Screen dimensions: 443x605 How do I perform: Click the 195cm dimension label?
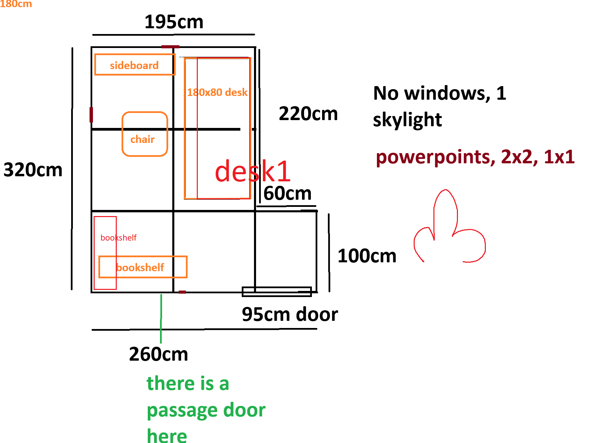click(x=174, y=22)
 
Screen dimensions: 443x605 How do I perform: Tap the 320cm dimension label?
click(x=33, y=170)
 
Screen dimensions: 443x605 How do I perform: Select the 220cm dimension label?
click(x=308, y=114)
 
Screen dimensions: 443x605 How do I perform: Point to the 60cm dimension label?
click(x=287, y=193)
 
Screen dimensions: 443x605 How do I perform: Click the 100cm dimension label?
click(x=367, y=256)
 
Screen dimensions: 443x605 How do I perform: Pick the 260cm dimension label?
click(x=158, y=354)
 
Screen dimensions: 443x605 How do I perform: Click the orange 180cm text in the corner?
click(x=16, y=4)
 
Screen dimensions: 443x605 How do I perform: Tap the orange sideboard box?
click(x=134, y=65)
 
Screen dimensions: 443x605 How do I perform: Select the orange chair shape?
click(x=145, y=134)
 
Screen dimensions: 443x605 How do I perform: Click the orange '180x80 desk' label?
click(x=217, y=92)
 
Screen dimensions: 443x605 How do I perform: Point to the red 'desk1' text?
click(x=253, y=171)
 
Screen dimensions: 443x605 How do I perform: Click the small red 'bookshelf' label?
click(x=118, y=237)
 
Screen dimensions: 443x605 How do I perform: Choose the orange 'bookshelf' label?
click(x=140, y=267)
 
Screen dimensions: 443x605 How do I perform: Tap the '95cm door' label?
click(x=290, y=314)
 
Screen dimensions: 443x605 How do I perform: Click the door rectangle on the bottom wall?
click(x=276, y=292)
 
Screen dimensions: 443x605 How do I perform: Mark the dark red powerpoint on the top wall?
click(x=170, y=47)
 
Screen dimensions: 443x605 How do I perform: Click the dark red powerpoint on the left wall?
click(x=91, y=115)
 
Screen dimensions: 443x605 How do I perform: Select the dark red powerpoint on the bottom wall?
click(x=182, y=292)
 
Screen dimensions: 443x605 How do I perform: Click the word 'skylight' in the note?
click(x=407, y=120)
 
